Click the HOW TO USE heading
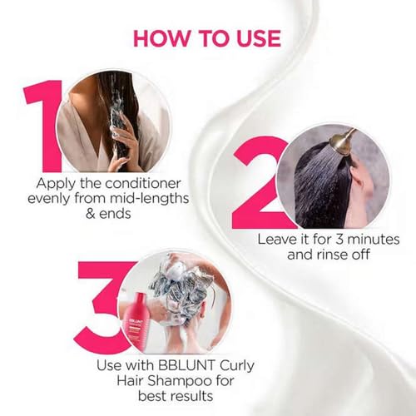point(206,38)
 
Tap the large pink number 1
point(42,125)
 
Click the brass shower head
point(343,141)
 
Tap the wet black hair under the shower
point(320,187)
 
